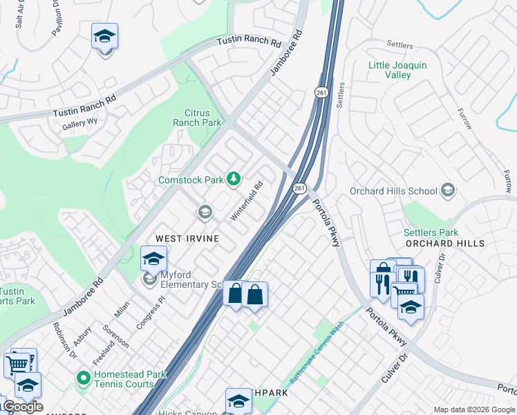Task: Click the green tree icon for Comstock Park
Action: click(234, 179)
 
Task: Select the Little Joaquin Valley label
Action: click(397, 70)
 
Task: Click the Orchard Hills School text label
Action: click(393, 191)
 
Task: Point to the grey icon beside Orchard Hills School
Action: click(448, 190)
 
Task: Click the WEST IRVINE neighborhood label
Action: click(187, 238)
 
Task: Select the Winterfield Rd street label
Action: click(247, 201)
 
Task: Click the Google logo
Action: click(22, 406)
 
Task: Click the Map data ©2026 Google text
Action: click(474, 409)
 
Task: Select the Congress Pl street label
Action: click(152, 313)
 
